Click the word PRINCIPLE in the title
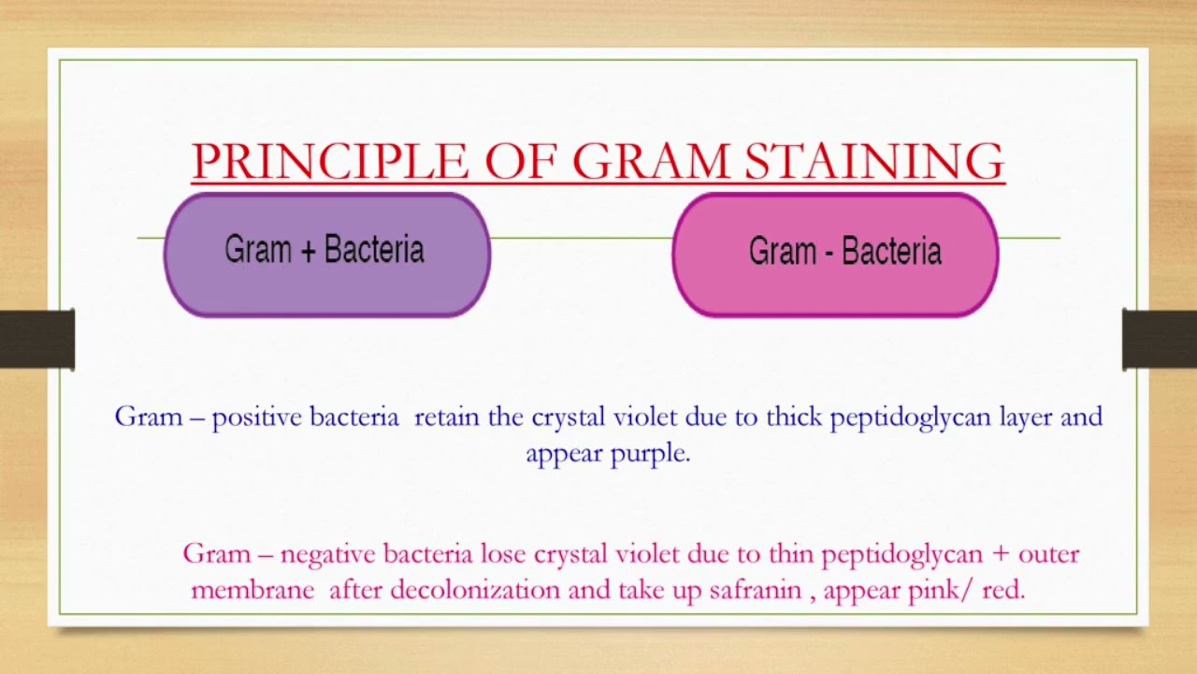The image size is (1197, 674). (330, 161)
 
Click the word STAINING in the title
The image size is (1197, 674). (874, 161)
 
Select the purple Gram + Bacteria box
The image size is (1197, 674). (327, 255)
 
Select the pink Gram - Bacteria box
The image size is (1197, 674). (835, 255)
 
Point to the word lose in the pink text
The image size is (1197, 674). (503, 554)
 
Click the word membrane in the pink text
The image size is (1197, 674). (252, 591)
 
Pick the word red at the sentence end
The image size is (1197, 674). (1004, 591)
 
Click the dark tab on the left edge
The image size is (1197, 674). (37, 339)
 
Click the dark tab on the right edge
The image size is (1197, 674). (1160, 339)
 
